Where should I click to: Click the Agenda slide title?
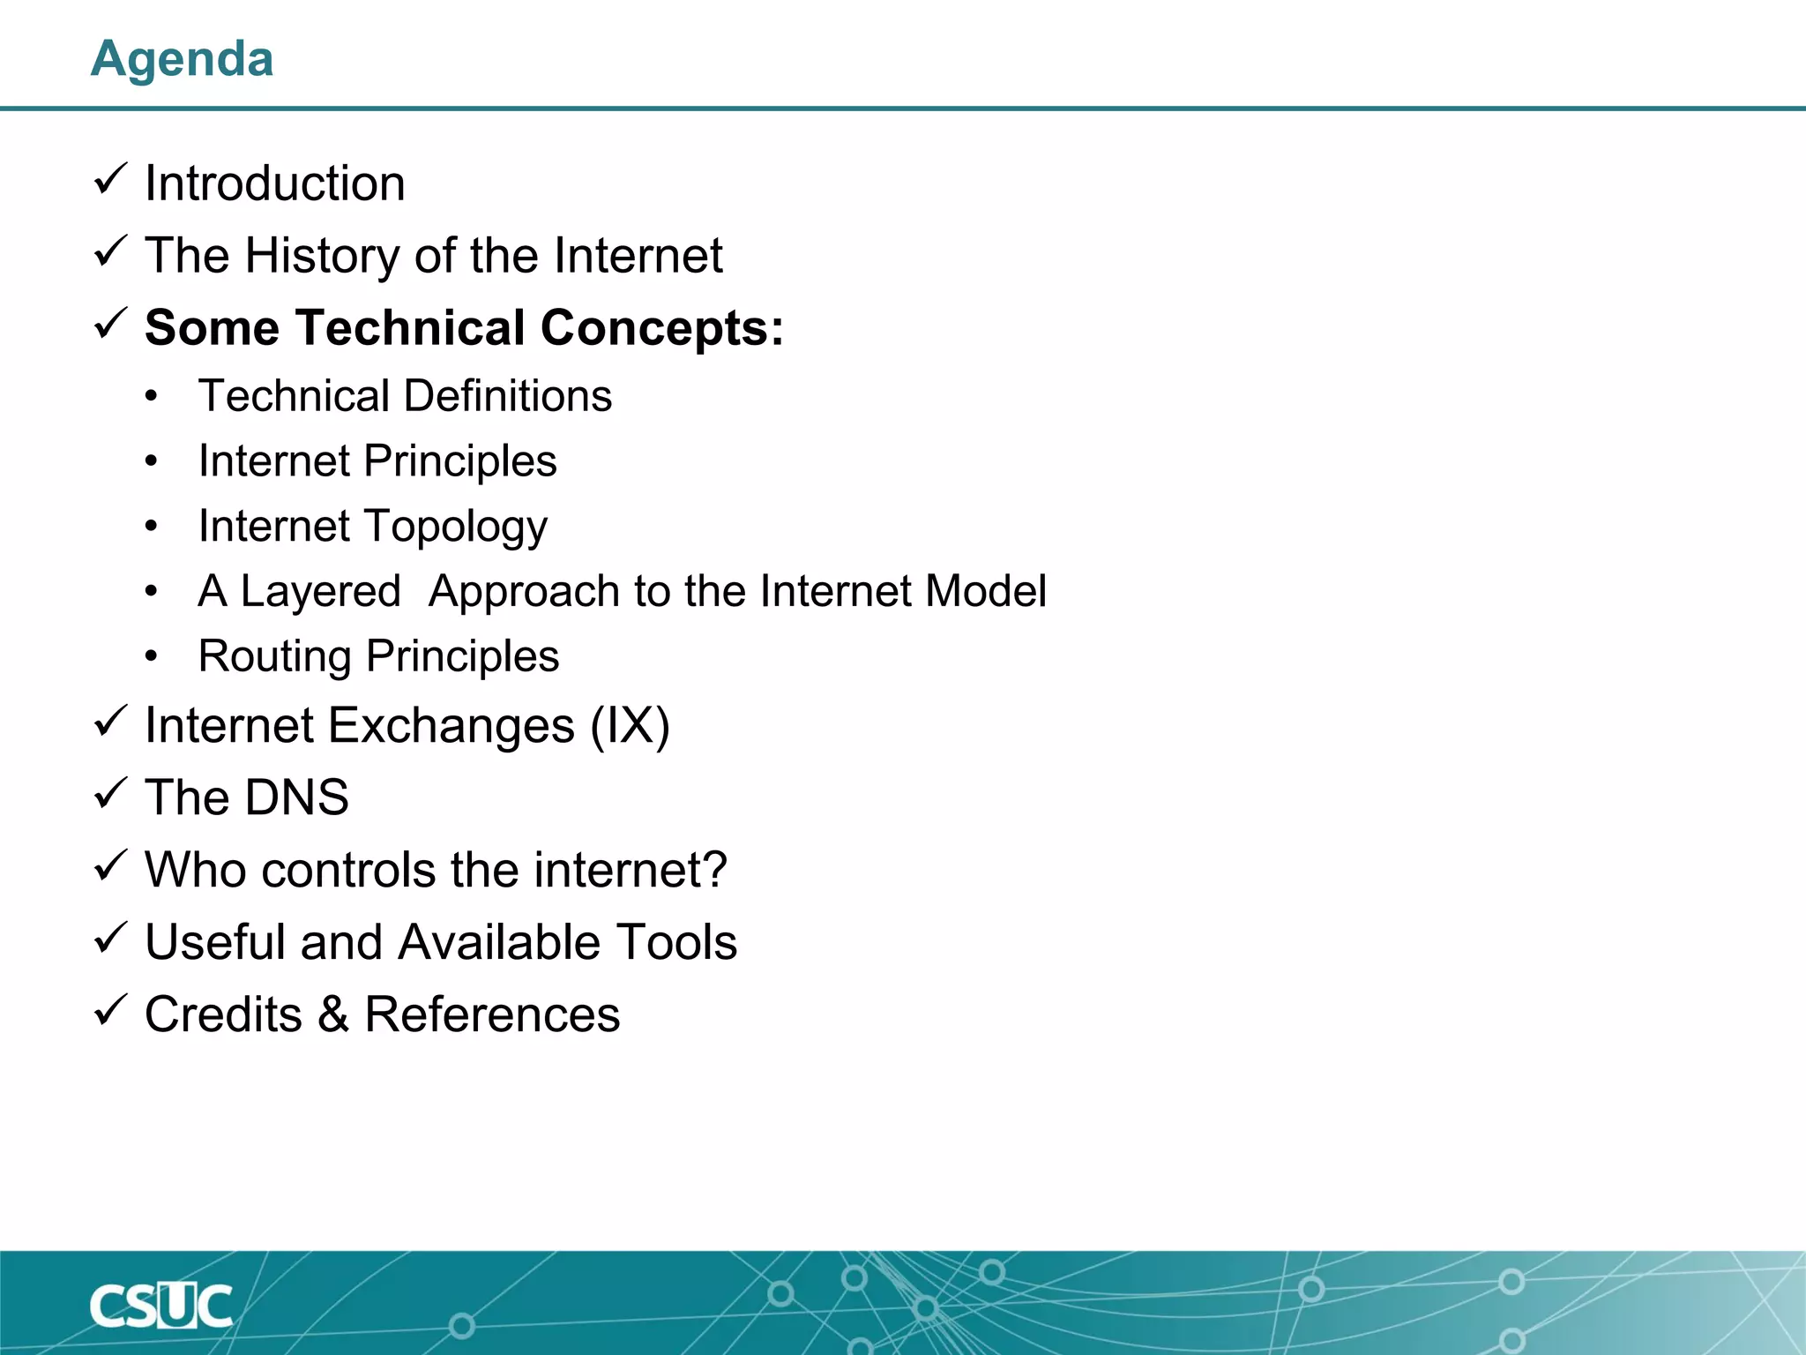[x=182, y=59]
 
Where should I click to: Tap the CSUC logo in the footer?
[x=160, y=1306]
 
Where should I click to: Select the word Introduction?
[x=274, y=183]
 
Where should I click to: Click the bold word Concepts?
[x=661, y=328]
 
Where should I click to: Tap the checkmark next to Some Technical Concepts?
[x=111, y=324]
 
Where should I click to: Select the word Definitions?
[x=509, y=395]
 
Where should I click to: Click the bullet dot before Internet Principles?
[x=152, y=461]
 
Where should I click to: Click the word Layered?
[x=320, y=591]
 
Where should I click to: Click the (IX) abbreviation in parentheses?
[x=630, y=726]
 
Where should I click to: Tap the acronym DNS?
[x=296, y=797]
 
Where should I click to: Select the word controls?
[x=349, y=870]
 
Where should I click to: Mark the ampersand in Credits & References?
[x=333, y=1014]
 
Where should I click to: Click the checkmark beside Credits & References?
[x=111, y=1010]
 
